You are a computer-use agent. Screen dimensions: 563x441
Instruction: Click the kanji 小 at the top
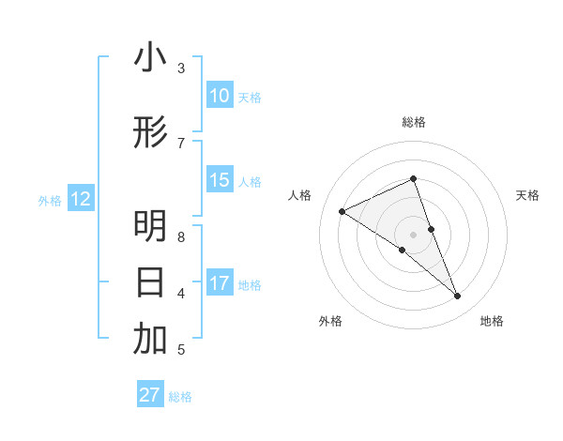point(150,58)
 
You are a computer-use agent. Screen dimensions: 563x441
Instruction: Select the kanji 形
point(150,133)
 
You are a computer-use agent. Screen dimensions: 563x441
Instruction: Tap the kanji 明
point(150,227)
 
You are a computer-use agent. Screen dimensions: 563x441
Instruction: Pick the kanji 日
point(150,282)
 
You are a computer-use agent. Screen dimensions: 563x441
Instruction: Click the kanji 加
point(150,340)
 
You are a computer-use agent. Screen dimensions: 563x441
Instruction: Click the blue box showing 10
point(219,96)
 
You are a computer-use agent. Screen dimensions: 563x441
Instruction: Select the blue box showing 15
point(219,180)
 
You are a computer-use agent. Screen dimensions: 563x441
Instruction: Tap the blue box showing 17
point(219,283)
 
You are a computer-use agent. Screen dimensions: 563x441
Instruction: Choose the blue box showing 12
point(80,199)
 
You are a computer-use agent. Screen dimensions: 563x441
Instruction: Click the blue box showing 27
point(149,395)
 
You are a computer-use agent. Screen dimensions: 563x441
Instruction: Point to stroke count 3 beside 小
point(181,68)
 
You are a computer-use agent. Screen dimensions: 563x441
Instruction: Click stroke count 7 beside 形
point(181,143)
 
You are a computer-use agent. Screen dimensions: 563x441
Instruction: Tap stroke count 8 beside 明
point(181,237)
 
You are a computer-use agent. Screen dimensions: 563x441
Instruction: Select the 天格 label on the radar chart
point(527,195)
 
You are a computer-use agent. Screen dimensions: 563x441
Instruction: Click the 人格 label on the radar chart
point(300,195)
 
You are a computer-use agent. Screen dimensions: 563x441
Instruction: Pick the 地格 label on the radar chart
point(492,322)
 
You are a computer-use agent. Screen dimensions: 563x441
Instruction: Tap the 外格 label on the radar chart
point(330,322)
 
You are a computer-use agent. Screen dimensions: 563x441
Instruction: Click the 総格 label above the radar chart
point(414,122)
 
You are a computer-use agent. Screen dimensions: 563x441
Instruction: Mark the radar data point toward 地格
point(458,297)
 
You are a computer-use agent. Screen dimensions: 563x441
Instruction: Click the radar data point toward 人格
point(342,211)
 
